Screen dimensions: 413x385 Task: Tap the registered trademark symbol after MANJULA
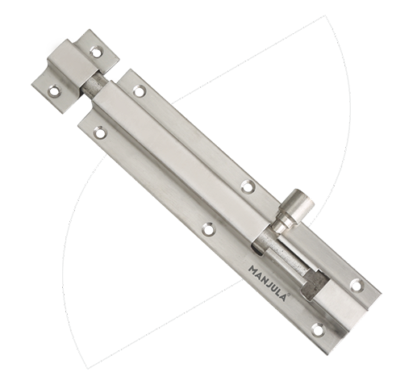coord(289,295)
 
